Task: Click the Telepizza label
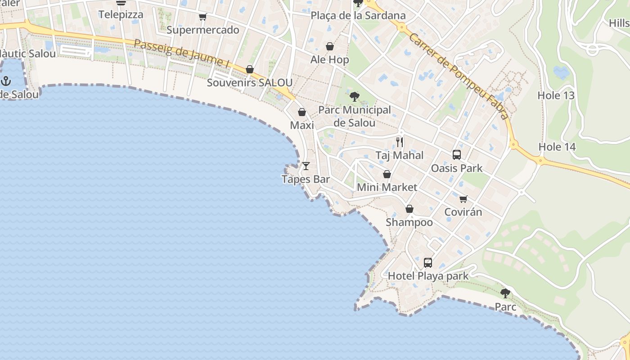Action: tap(121, 14)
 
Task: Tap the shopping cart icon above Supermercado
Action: tap(202, 17)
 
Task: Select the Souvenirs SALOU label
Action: tap(249, 83)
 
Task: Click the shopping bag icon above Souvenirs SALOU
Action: tap(250, 69)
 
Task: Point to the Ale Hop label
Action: tap(329, 59)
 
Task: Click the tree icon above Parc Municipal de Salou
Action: tap(355, 96)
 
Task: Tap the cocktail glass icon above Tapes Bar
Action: tap(306, 166)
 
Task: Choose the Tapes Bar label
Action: tap(306, 179)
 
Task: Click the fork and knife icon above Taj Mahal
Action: tap(400, 142)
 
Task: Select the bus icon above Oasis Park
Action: tap(457, 155)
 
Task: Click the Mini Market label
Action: tap(387, 187)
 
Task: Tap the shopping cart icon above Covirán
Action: tap(463, 199)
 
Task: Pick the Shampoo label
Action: tap(409, 222)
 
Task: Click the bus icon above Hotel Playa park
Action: tap(428, 262)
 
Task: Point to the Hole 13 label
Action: tap(556, 95)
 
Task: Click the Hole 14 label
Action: tap(557, 147)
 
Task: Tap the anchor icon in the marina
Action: tap(6, 81)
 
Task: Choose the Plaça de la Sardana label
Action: tap(358, 15)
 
